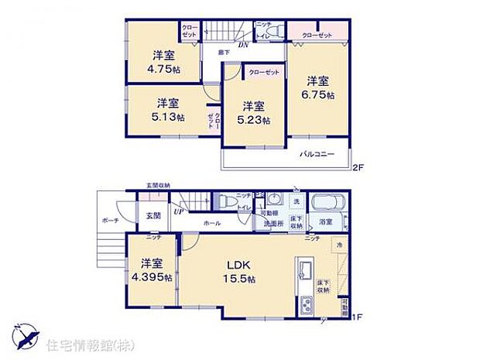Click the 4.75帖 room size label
coord(162,67)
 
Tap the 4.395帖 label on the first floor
coord(151,278)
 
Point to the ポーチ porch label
coord(108,219)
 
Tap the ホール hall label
coord(212,222)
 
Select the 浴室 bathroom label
coord(326,223)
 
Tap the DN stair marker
coord(242,45)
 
